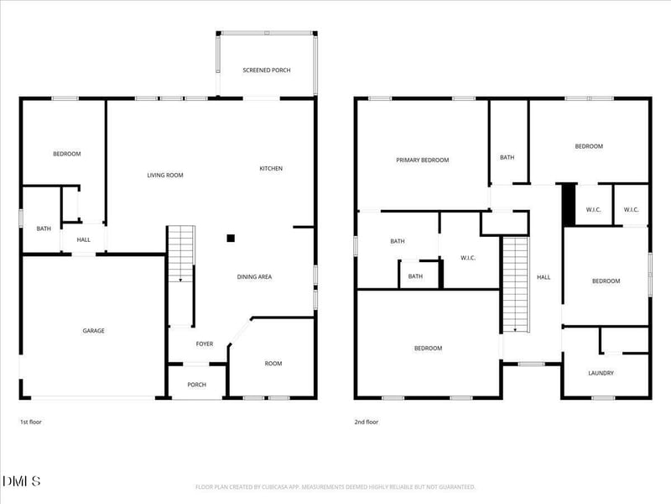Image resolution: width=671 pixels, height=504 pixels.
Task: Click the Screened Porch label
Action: tap(267, 70)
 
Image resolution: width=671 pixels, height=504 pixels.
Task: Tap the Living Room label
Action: tap(165, 176)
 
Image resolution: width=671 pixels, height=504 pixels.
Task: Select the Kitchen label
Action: tap(271, 169)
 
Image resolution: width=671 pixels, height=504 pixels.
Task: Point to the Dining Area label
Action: tap(254, 276)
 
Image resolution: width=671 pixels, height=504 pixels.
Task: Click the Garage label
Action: tap(93, 331)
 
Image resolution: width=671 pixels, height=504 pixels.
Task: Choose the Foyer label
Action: tap(205, 344)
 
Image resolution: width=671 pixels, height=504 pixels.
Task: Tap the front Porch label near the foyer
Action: tap(196, 386)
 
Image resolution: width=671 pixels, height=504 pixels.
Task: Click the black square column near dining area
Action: tap(231, 238)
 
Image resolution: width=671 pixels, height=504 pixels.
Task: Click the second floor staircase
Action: tap(515, 284)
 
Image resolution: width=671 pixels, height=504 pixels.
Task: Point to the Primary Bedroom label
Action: tap(423, 160)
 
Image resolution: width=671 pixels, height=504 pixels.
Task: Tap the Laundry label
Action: tap(601, 373)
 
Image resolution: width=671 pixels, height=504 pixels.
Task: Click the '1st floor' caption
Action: tap(30, 422)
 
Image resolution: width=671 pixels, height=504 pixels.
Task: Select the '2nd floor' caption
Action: tap(366, 422)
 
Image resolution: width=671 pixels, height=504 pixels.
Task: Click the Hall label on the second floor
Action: tap(544, 276)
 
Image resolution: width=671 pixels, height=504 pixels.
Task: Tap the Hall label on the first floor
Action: tap(84, 240)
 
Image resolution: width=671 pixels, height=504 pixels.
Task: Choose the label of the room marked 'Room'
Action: tap(273, 364)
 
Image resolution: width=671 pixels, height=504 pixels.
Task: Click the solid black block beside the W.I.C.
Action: tap(569, 202)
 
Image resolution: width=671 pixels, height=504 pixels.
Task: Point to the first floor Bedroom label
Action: tap(67, 154)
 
